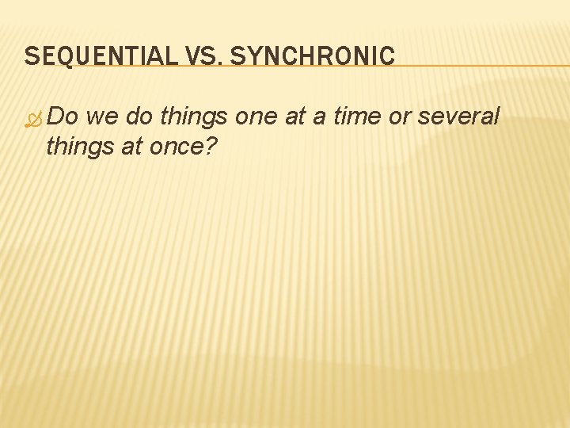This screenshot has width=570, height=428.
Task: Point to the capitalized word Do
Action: point(63,117)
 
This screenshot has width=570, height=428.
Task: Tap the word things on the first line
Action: point(196,117)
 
